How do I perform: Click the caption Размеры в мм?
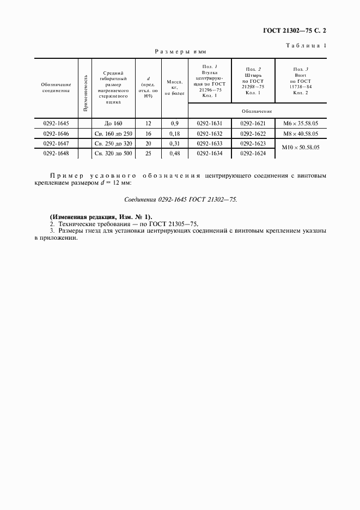coord(175,51)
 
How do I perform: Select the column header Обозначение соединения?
coord(56,88)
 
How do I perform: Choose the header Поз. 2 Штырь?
coord(253,81)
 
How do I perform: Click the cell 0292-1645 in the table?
coord(56,123)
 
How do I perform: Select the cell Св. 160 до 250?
coord(113,133)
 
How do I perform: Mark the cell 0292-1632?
coord(210,133)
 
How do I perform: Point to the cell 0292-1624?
coord(253,154)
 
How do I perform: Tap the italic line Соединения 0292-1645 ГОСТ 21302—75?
coord(180,200)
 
